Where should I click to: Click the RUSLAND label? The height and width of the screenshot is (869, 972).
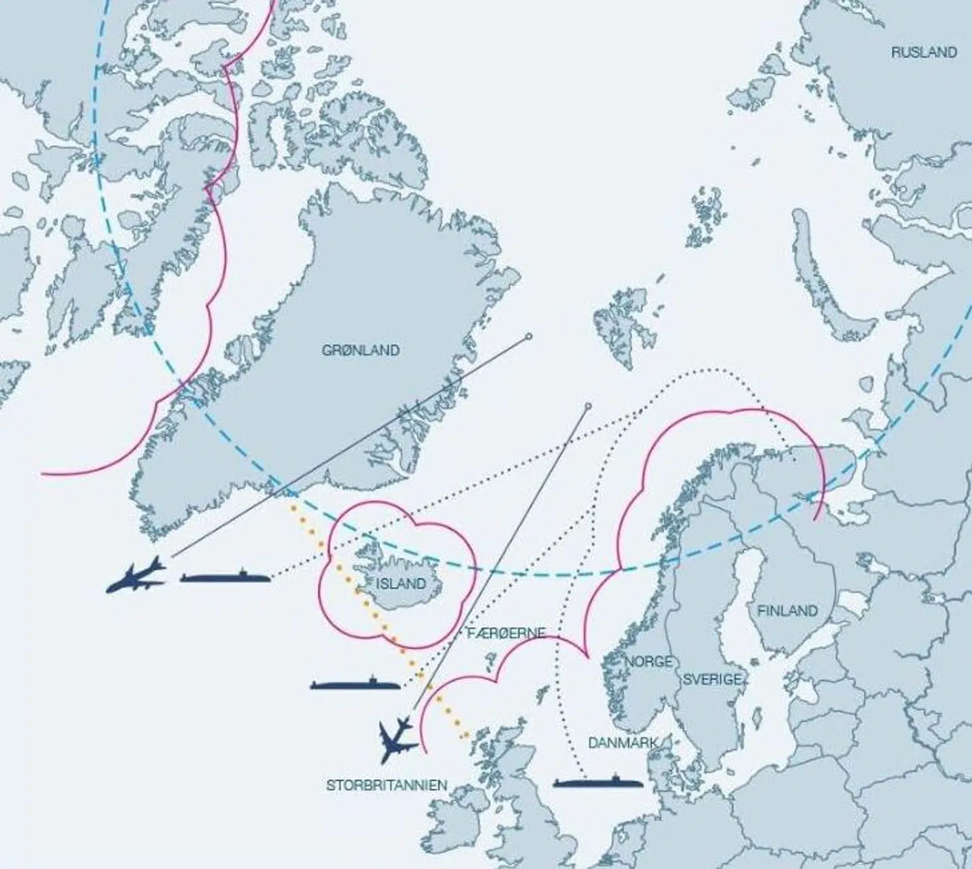[923, 52]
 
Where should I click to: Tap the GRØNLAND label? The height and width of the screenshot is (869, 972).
[360, 350]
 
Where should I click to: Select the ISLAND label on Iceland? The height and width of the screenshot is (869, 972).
[401, 584]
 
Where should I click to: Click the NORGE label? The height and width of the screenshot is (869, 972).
[648, 661]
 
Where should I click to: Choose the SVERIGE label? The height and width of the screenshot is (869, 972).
[712, 679]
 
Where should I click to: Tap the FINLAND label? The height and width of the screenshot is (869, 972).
[787, 611]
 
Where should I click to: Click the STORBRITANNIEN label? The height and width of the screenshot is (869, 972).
[386, 785]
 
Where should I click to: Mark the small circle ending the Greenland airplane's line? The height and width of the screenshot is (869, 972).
[529, 336]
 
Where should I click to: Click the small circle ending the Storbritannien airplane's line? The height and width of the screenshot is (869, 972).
[588, 406]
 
